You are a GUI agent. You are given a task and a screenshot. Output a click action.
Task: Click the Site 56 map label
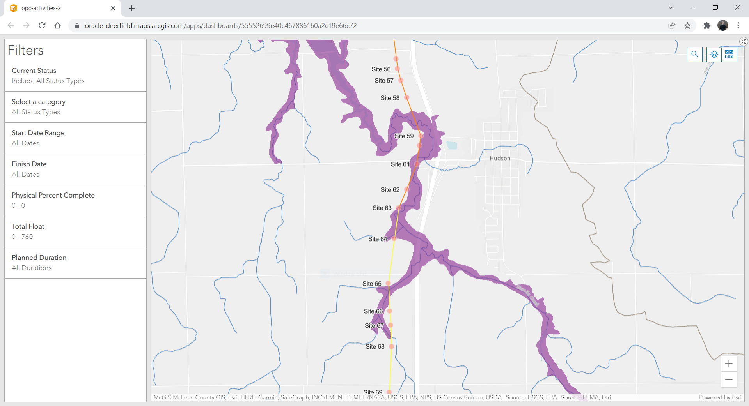click(x=381, y=69)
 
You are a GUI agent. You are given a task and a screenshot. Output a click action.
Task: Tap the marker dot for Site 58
click(x=406, y=97)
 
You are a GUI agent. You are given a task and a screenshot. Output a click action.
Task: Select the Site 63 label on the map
click(x=382, y=208)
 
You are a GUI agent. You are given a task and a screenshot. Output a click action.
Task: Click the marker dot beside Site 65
click(x=388, y=283)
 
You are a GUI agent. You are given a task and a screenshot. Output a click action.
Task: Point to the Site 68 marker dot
click(x=391, y=346)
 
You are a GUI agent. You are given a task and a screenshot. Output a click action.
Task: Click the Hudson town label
click(x=500, y=158)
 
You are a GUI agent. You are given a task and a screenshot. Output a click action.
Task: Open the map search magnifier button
click(x=694, y=55)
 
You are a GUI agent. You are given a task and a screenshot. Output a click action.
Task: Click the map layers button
click(x=714, y=55)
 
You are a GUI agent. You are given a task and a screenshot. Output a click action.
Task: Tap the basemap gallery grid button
click(x=729, y=55)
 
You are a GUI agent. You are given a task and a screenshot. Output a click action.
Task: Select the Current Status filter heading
click(x=34, y=71)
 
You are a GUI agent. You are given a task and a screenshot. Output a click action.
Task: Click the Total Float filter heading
click(x=28, y=226)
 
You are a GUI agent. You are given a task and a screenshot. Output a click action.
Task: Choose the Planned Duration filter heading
click(x=39, y=258)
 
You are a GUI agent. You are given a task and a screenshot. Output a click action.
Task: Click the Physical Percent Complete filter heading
click(x=53, y=195)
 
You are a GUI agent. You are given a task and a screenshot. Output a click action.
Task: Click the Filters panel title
click(x=26, y=50)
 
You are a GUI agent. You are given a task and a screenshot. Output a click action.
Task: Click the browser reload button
click(x=42, y=26)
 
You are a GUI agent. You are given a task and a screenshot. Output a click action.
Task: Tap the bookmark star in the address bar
click(x=687, y=26)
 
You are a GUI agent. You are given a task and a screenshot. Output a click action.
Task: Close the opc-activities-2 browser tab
click(x=113, y=8)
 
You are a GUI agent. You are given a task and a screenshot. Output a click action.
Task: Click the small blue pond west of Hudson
click(x=452, y=145)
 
